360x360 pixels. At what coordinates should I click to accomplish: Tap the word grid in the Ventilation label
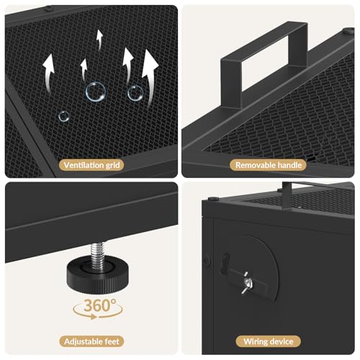tap(112, 166)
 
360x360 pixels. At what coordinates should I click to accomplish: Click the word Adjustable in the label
tap(84, 342)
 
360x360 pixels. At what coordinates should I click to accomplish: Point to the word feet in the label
tap(112, 341)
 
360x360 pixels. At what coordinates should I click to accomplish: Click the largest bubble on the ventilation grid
tap(96, 91)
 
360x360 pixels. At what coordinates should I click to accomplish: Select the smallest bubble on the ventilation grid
tap(64, 117)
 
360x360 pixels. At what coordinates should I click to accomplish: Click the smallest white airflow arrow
tap(99, 40)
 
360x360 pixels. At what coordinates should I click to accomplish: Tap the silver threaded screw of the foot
tap(97, 256)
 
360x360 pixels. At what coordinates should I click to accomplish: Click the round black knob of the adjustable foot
tap(98, 274)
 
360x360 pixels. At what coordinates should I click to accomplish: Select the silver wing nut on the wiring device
tap(247, 282)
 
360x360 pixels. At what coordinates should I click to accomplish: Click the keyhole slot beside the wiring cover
tap(225, 264)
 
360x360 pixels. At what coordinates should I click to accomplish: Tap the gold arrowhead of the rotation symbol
tap(93, 318)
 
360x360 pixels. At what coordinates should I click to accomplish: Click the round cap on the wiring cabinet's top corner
tap(213, 199)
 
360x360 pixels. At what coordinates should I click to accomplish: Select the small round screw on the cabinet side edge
tap(207, 261)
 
